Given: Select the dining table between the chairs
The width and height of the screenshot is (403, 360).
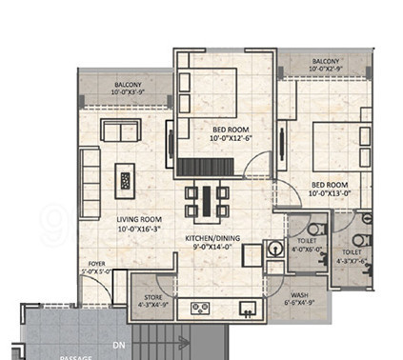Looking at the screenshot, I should tap(206, 200).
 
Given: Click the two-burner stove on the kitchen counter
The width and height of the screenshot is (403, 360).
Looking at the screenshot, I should tap(201, 307).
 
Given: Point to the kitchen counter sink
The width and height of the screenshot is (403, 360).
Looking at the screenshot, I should tap(247, 307).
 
